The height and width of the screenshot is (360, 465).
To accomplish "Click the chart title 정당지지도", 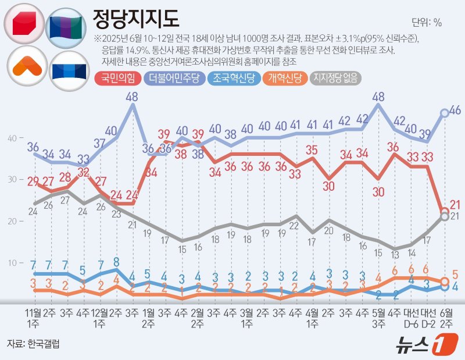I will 136,21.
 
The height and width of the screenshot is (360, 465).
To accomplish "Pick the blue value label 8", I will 117,261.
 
